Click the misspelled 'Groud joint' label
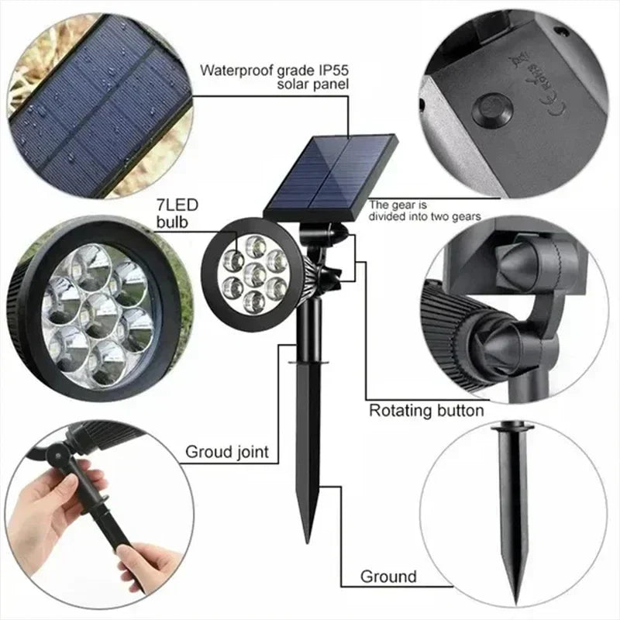point(226,452)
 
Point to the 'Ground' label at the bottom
point(388,577)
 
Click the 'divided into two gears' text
point(425,217)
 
